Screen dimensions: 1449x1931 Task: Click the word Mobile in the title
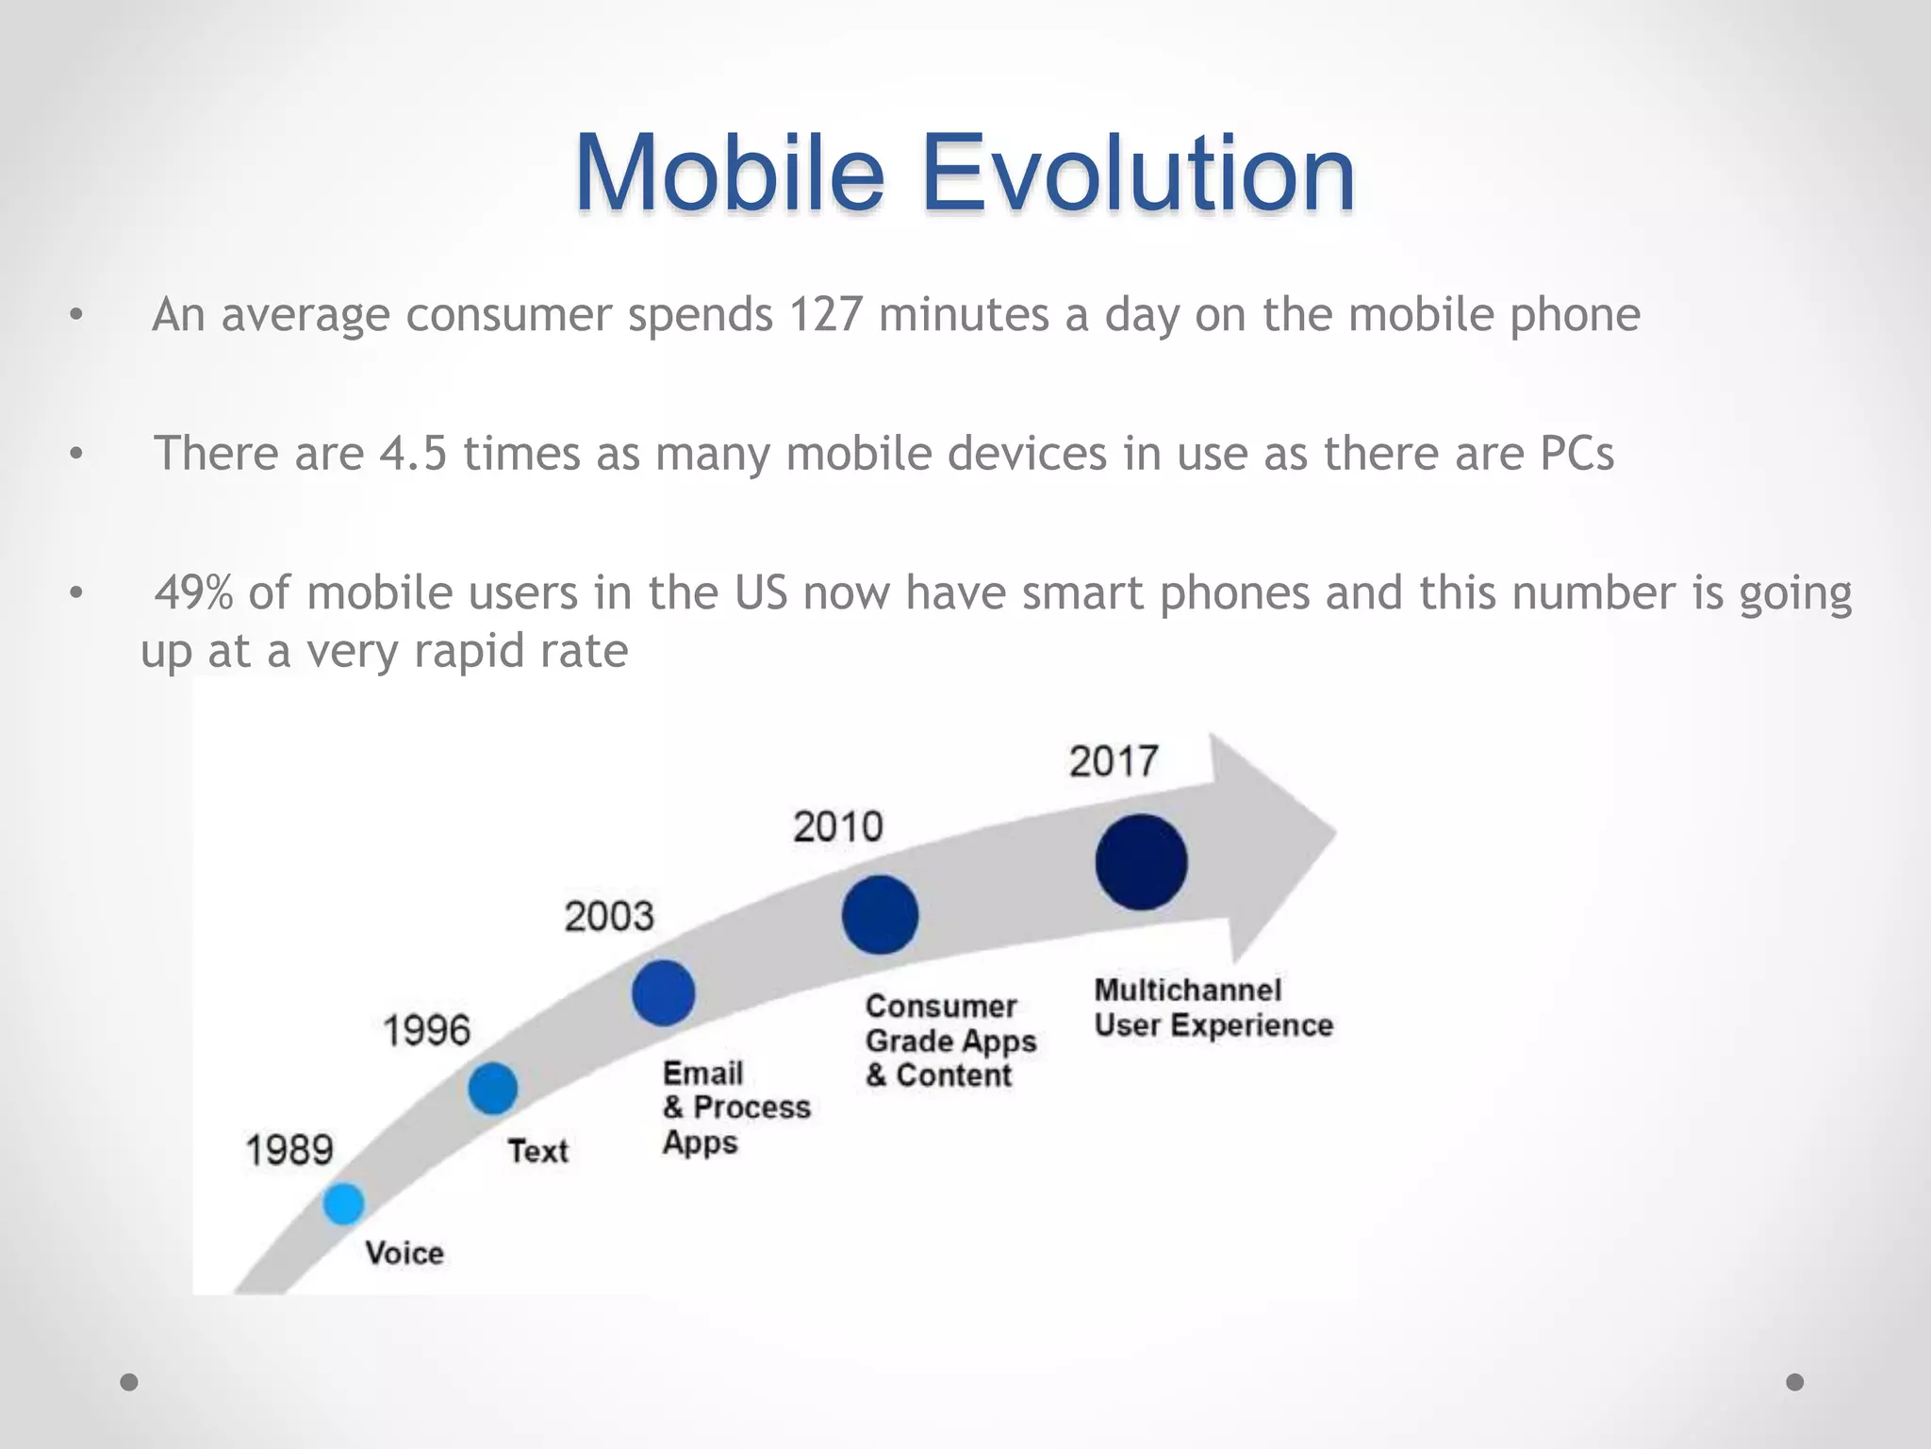pyautogui.click(x=730, y=174)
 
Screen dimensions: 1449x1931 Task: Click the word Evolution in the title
pyautogui.click(x=1138, y=174)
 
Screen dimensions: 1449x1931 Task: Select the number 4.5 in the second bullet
pyautogui.click(x=413, y=453)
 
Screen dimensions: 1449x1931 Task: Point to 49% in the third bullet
pyautogui.click(x=193, y=592)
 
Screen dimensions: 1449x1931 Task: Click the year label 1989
pyautogui.click(x=289, y=1150)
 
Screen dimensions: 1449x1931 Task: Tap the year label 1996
pyautogui.click(x=426, y=1030)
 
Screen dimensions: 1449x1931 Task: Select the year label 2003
pyautogui.click(x=609, y=916)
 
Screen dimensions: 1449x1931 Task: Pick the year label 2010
pyautogui.click(x=838, y=827)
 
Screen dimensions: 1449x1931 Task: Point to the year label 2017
pyautogui.click(x=1114, y=761)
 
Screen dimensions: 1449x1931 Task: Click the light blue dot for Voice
pyautogui.click(x=343, y=1204)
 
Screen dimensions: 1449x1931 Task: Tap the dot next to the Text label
pyautogui.click(x=493, y=1088)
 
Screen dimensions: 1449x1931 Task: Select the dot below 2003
pyautogui.click(x=663, y=992)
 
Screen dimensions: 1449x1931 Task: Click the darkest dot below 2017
pyautogui.click(x=1141, y=862)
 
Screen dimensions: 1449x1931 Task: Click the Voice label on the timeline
pyautogui.click(x=404, y=1253)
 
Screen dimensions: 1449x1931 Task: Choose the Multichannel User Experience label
pyautogui.click(x=1213, y=1008)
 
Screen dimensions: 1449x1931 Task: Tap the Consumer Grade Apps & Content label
pyautogui.click(x=949, y=1041)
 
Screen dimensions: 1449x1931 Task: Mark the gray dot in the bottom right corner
pyautogui.click(x=1795, y=1382)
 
